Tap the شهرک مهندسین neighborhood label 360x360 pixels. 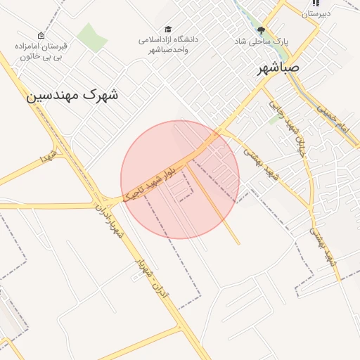(x=72, y=94)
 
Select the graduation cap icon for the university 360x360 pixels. (x=167, y=29)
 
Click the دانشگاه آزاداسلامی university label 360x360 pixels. (x=168, y=44)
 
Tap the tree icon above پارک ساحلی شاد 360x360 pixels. (x=262, y=30)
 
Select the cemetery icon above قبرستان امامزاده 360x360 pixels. (x=41, y=35)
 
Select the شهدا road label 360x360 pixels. (x=46, y=159)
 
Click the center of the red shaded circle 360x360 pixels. (x=180, y=179)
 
